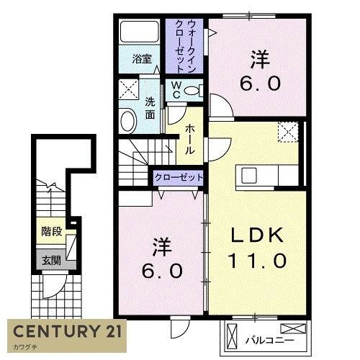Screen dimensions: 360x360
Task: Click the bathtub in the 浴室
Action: [x=140, y=32]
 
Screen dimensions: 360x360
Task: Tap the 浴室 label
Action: [x=142, y=59]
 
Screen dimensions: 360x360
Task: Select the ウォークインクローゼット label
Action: [x=185, y=46]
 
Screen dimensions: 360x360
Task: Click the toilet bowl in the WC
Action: [x=192, y=91]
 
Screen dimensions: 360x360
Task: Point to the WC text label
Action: [x=176, y=89]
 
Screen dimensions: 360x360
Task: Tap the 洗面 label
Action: [x=150, y=109]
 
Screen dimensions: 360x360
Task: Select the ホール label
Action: [x=189, y=139]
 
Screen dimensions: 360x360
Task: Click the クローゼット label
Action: [x=179, y=178]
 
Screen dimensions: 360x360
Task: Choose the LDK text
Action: [x=257, y=235]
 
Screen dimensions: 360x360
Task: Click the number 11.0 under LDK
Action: [x=258, y=260]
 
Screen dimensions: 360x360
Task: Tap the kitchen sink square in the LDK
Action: [x=249, y=176]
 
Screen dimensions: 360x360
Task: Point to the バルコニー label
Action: [x=269, y=341]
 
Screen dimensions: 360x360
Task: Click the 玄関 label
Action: [x=51, y=261]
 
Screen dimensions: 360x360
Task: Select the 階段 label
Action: [x=52, y=232]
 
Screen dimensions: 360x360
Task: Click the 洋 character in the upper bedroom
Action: [x=261, y=59]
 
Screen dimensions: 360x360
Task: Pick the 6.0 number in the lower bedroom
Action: [x=162, y=271]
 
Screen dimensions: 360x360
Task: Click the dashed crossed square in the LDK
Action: [x=288, y=132]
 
